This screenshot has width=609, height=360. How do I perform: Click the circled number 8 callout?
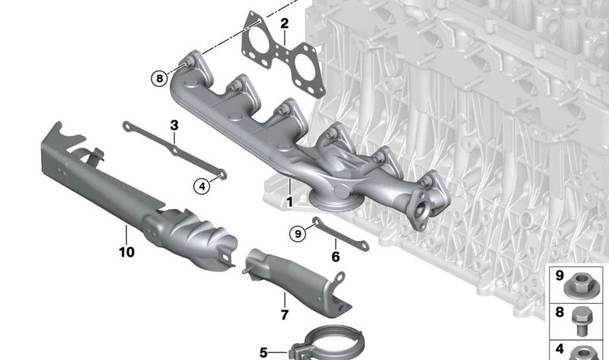point(159,79)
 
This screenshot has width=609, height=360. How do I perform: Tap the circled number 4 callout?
point(202,186)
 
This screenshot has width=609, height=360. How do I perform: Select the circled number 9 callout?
point(298,234)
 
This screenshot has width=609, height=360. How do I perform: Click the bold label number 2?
point(285,24)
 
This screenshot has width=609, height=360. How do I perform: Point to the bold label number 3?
point(174,126)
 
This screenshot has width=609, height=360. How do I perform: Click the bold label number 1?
point(289,202)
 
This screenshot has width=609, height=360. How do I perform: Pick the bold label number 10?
point(126,252)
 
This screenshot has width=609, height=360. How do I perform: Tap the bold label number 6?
point(336,256)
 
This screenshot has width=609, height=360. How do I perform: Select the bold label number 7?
point(285,314)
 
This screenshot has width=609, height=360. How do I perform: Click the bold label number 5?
point(263,352)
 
